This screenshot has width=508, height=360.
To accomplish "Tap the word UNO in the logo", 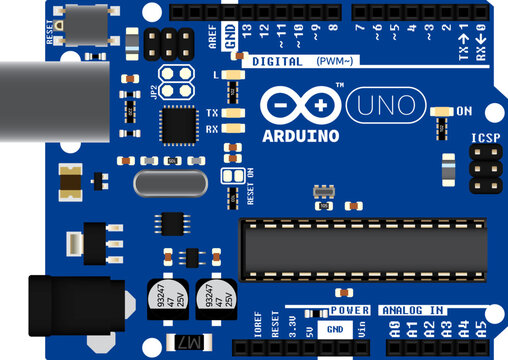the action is pyautogui.click(x=385, y=105).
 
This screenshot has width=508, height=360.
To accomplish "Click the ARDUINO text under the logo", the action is pyautogui.click(x=301, y=134).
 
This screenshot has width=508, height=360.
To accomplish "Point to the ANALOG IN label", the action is pyautogui.click(x=413, y=311).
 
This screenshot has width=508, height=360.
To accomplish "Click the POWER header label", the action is pyautogui.click(x=350, y=311).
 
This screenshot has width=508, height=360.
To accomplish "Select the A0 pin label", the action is pyautogui.click(x=394, y=328).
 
